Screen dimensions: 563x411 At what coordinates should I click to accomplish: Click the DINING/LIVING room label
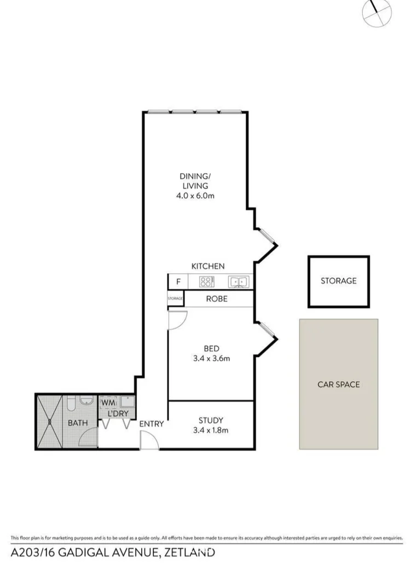(x=194, y=181)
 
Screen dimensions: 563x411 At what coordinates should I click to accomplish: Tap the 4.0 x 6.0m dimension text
(x=194, y=196)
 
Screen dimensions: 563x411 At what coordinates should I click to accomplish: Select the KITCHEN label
(x=207, y=266)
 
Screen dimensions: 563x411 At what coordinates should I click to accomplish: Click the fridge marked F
(x=177, y=282)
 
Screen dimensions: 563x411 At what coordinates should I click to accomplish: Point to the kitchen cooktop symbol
(x=206, y=282)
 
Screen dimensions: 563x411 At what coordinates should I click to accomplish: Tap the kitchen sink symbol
(x=239, y=282)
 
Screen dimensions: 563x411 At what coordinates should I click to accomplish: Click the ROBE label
(x=216, y=299)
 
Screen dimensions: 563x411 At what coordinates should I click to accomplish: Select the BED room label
(x=211, y=348)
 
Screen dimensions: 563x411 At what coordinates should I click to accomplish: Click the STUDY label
(x=211, y=420)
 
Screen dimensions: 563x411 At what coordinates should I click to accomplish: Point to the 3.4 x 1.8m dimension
(x=211, y=430)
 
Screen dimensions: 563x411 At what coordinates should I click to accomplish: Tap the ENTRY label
(x=152, y=423)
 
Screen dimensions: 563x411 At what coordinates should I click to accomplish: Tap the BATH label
(x=77, y=423)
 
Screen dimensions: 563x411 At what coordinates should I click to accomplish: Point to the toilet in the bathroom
(x=71, y=405)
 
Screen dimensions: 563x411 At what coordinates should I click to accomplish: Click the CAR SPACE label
(x=339, y=384)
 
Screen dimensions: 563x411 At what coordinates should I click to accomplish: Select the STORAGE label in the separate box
(x=338, y=281)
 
